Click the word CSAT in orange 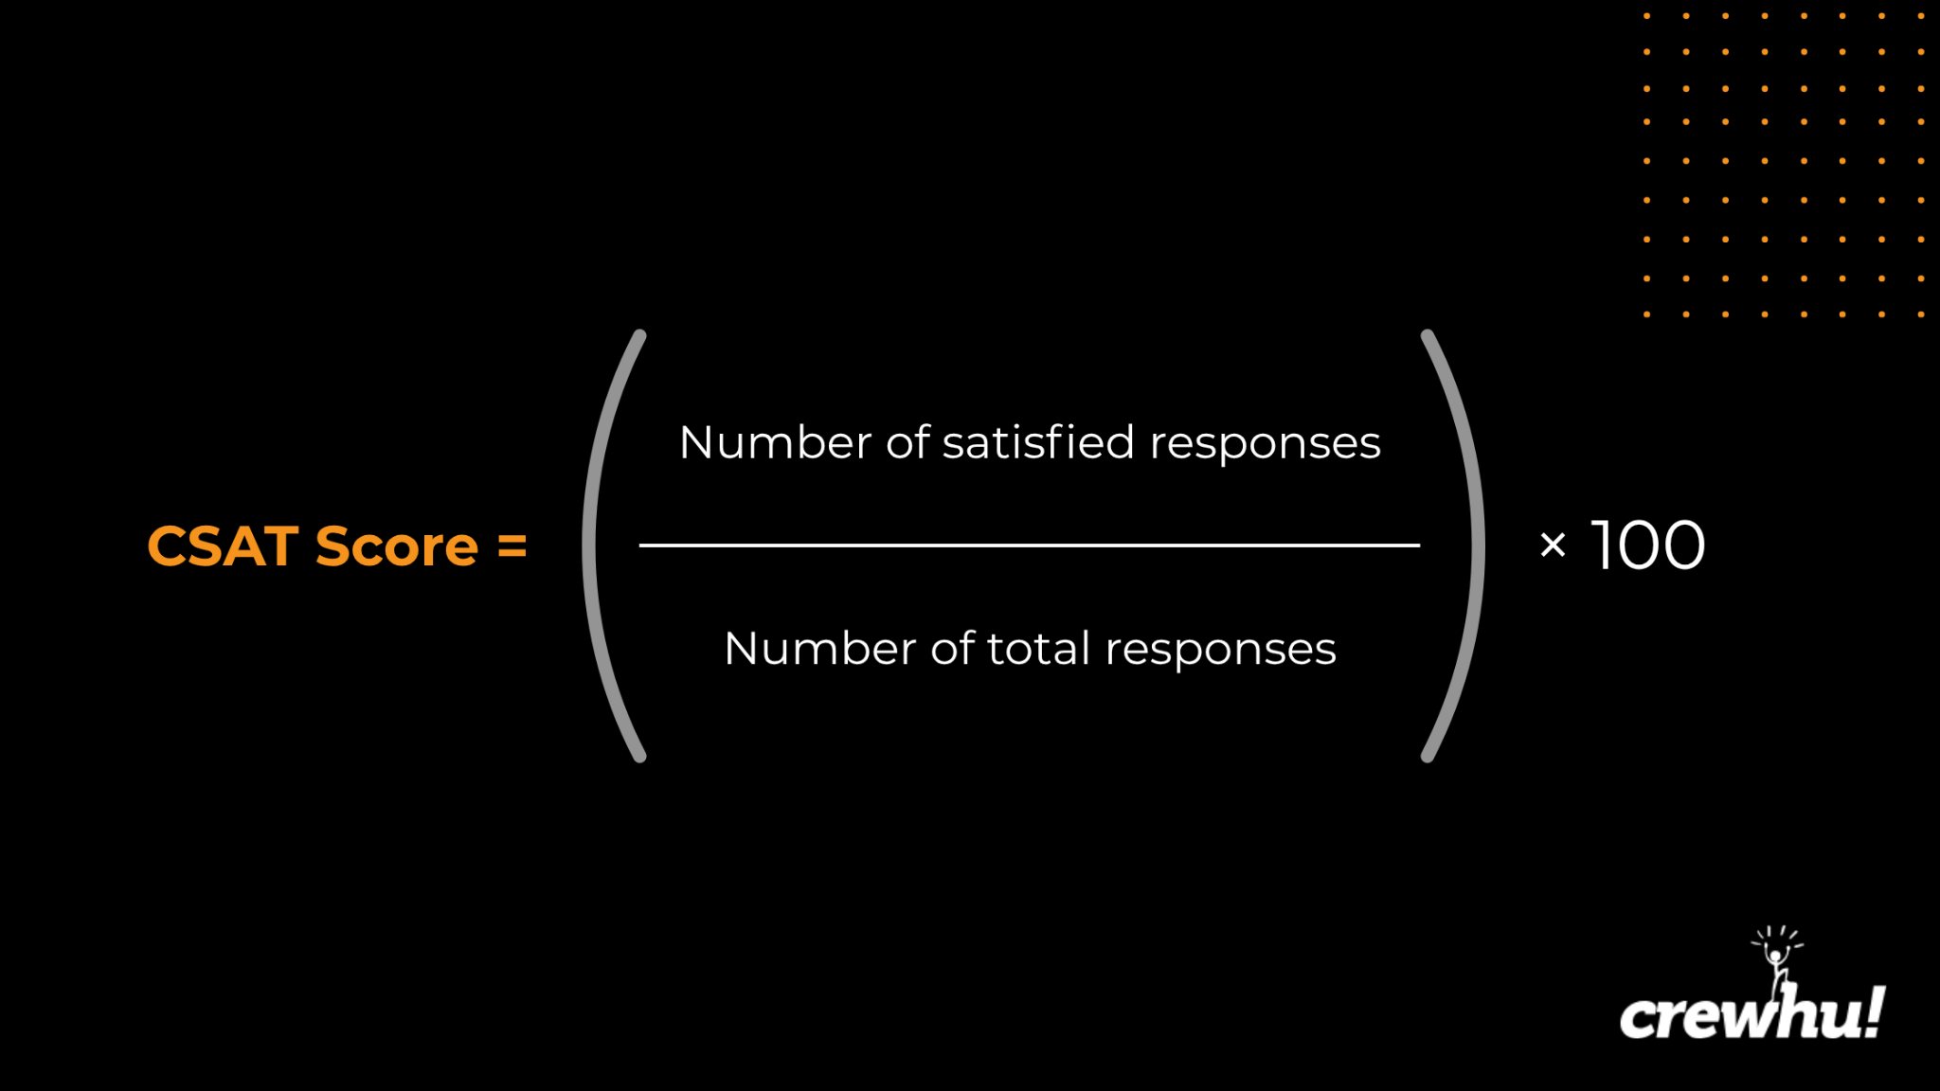pyautogui.click(x=223, y=546)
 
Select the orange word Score pyautogui.click(x=397, y=546)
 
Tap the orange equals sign pyautogui.click(x=512, y=546)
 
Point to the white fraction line pyautogui.click(x=1030, y=545)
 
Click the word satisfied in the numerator pyautogui.click(x=1038, y=442)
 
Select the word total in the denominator pyautogui.click(x=1038, y=649)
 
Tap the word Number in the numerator pyautogui.click(x=776, y=443)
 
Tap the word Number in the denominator pyautogui.click(x=820, y=650)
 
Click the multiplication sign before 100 pyautogui.click(x=1553, y=545)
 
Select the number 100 pyautogui.click(x=1648, y=545)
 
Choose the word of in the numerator pyautogui.click(x=907, y=442)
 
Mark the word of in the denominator pyautogui.click(x=952, y=649)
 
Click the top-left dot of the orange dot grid pyautogui.click(x=1647, y=16)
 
